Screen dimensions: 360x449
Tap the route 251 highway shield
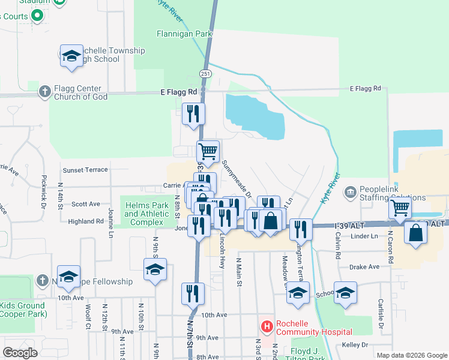tap(206, 73)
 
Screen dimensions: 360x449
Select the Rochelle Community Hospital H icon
tap(266, 326)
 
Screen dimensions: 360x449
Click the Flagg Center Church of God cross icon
tap(44, 92)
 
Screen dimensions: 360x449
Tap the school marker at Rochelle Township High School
tap(71, 56)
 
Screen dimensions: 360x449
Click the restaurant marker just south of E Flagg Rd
tap(193, 113)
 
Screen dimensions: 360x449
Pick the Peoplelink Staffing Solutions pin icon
tap(350, 192)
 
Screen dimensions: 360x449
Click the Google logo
tap(20, 353)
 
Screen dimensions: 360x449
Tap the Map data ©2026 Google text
tap(411, 355)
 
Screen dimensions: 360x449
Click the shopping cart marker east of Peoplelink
tap(400, 208)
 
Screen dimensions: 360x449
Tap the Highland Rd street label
tap(86, 221)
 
